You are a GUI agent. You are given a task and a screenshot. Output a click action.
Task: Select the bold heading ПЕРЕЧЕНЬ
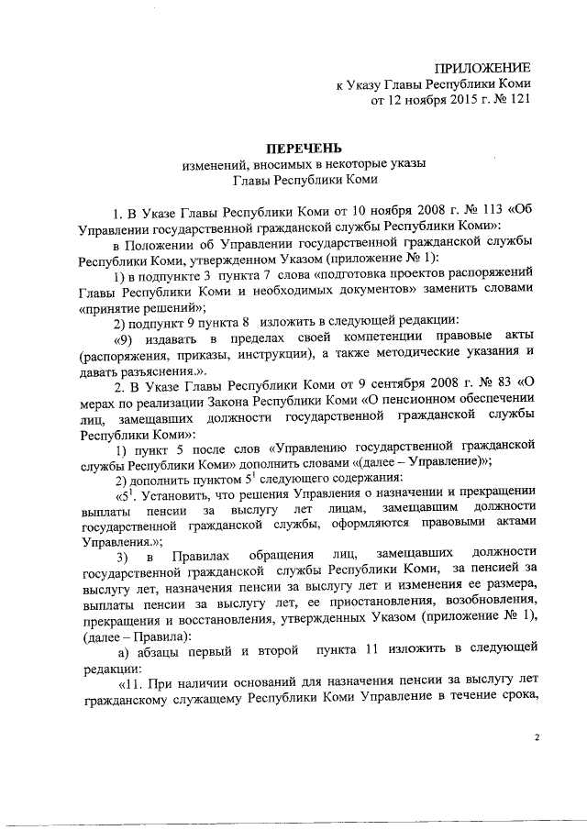(x=303, y=148)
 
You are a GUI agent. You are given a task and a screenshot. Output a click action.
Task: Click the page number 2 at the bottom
(x=538, y=737)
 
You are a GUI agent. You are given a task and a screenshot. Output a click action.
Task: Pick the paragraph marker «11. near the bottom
(x=128, y=682)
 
